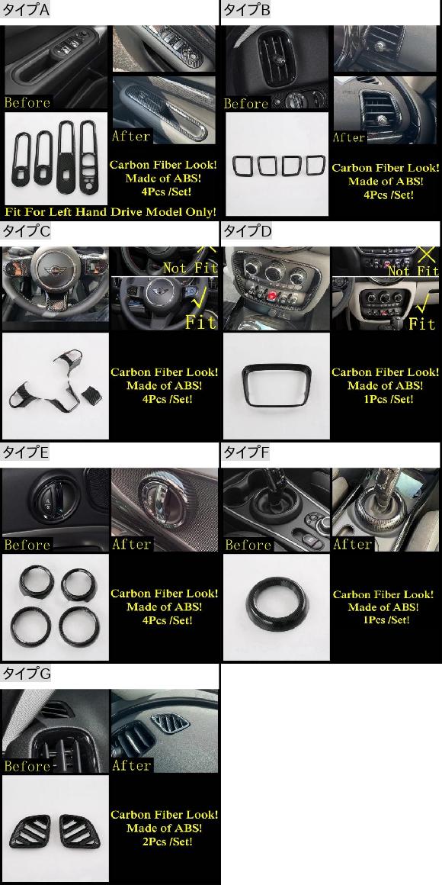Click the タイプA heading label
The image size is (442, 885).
[26, 10]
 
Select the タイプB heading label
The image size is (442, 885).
[247, 10]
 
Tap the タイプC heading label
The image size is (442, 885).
[27, 231]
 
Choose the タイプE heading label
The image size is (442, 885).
[26, 452]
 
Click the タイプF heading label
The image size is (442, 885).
[247, 452]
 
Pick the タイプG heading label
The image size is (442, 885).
[27, 674]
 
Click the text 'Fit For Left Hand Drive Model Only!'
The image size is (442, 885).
[110, 212]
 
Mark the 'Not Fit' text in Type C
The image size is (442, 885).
[190, 268]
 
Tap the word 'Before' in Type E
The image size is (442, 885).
[27, 545]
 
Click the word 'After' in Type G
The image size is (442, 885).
[131, 765]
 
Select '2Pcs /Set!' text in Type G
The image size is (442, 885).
[168, 842]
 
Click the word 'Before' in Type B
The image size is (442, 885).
[246, 103]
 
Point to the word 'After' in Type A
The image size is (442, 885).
[131, 136]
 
